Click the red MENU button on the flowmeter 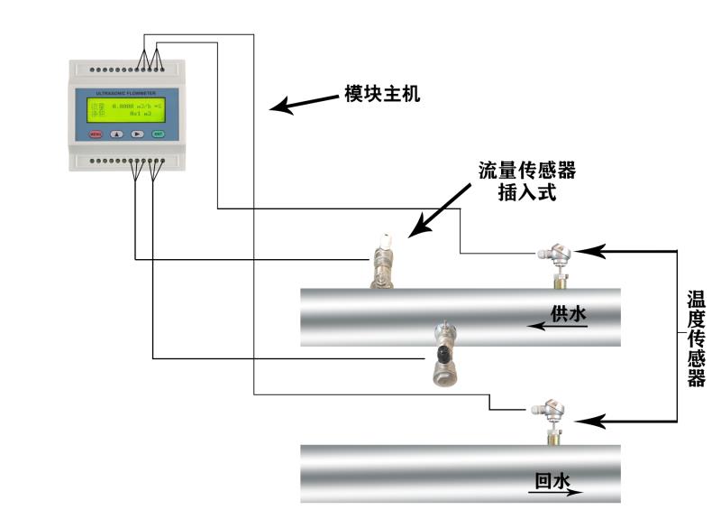tap(96, 134)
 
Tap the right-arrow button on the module tap(137, 134)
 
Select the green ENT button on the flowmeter tap(158, 134)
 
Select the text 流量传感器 tap(527, 170)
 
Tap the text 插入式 tap(527, 191)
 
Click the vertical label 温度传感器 tap(696, 338)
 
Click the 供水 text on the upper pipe tap(569, 313)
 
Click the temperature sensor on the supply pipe tap(552, 262)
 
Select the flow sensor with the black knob tap(443, 352)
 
